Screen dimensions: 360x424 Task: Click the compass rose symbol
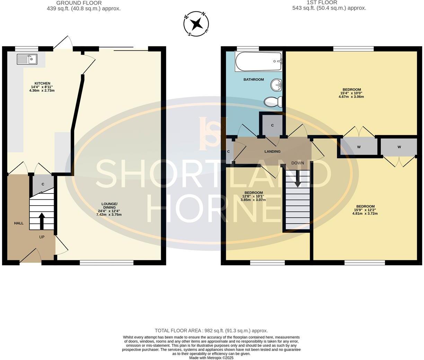pyautogui.click(x=196, y=24)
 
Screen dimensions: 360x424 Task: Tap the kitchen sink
pyautogui.click(x=27, y=59)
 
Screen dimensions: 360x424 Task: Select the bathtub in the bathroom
pyautogui.click(x=258, y=62)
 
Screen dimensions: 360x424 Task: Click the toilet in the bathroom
pyautogui.click(x=273, y=102)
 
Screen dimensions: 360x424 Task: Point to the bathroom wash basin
pyautogui.click(x=276, y=84)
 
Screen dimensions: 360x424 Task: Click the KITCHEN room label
pyautogui.click(x=42, y=83)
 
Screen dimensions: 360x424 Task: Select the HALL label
pyautogui.click(x=19, y=223)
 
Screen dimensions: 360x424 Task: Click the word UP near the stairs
pyautogui.click(x=42, y=237)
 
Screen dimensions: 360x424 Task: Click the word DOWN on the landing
pyautogui.click(x=297, y=163)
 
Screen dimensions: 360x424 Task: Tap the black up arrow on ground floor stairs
pyautogui.click(x=42, y=221)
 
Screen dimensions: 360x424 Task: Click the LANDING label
pyautogui.click(x=272, y=151)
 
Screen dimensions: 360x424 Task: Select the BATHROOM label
pyautogui.click(x=253, y=80)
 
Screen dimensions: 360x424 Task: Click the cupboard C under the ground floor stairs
pyautogui.click(x=43, y=184)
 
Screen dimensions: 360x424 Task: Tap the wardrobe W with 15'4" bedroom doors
pyautogui.click(x=359, y=147)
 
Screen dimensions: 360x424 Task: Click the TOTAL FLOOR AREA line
pyautogui.click(x=211, y=331)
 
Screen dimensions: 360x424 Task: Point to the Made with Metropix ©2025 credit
pyautogui.click(x=211, y=358)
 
